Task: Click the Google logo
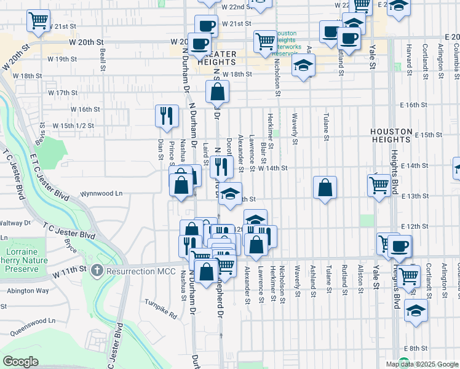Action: tap(20, 362)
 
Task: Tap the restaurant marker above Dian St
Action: tap(167, 116)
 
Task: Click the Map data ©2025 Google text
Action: tap(422, 364)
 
